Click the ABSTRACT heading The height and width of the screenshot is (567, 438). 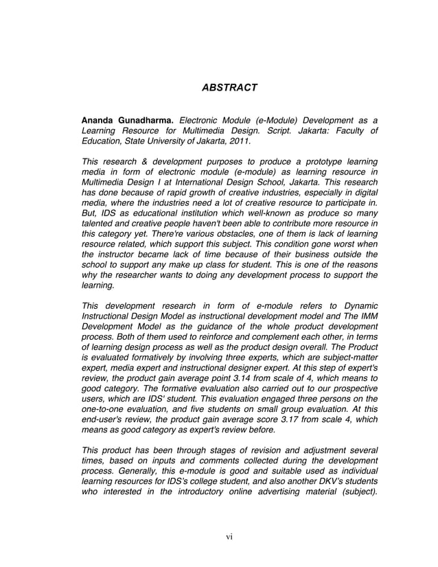(229, 88)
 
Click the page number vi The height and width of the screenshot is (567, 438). (229, 536)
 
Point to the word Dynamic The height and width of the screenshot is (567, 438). (357, 305)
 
